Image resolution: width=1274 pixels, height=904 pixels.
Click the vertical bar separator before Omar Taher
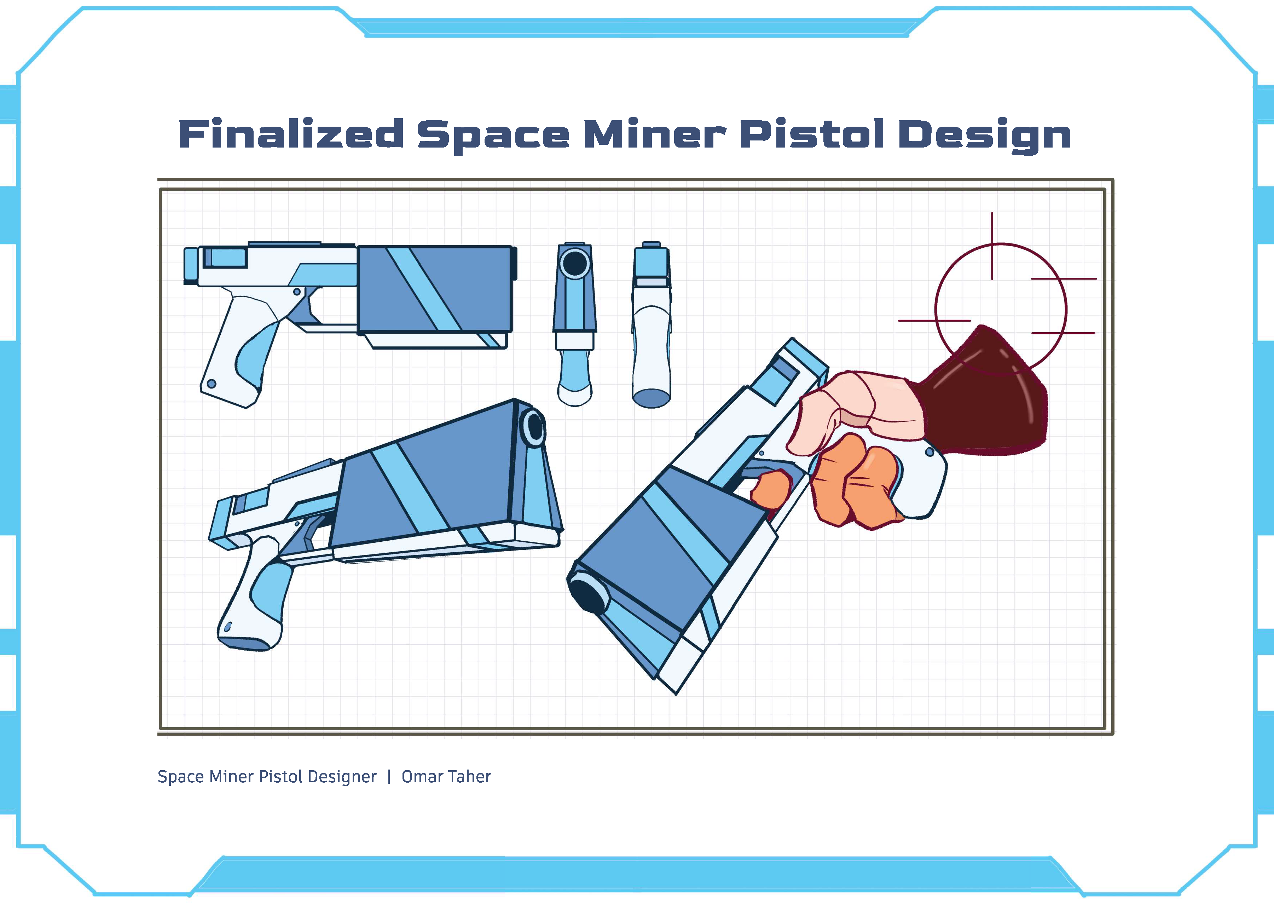389,777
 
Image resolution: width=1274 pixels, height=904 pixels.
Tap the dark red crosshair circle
936,310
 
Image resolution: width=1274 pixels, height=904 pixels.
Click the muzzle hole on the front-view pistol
574,263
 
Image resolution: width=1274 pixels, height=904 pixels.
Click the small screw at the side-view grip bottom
212,384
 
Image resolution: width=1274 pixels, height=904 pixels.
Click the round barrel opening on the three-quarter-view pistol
534,426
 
